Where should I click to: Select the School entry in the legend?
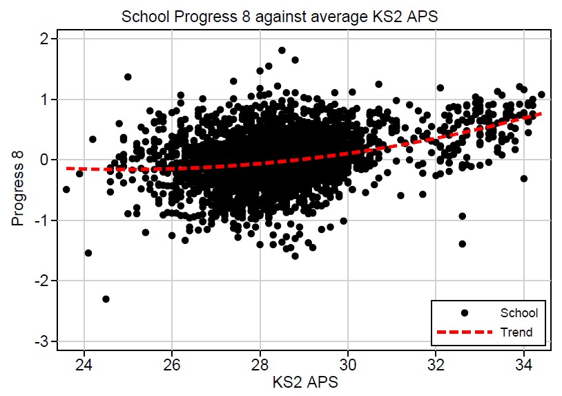pyautogui.click(x=519, y=313)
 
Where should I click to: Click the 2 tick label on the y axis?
pyautogui.click(x=43, y=39)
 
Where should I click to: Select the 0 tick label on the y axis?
pyautogui.click(x=43, y=160)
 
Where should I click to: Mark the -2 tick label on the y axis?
pyautogui.click(x=41, y=281)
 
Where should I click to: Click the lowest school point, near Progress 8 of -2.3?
pyautogui.click(x=106, y=299)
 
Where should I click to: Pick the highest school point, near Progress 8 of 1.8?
pyautogui.click(x=282, y=50)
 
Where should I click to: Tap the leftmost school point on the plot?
pyautogui.click(x=66, y=189)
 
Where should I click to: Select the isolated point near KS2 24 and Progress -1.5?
pyautogui.click(x=88, y=253)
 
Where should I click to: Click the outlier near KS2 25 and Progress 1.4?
pyautogui.click(x=128, y=77)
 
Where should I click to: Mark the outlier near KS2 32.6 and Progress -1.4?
pyautogui.click(x=462, y=244)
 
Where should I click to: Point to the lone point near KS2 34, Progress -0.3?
pyautogui.click(x=524, y=178)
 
